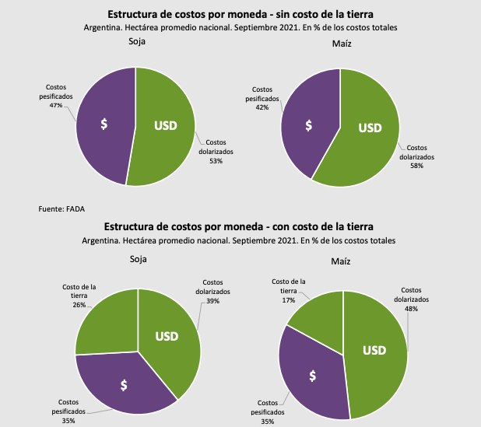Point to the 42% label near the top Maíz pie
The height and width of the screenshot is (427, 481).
click(262, 107)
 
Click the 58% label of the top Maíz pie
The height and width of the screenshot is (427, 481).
click(417, 165)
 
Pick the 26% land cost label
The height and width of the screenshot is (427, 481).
click(79, 304)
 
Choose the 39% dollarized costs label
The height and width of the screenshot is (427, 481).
click(212, 300)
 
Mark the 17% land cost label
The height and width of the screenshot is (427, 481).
click(288, 299)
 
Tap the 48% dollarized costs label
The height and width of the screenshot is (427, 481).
click(410, 308)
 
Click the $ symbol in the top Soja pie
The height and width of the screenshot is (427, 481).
click(104, 125)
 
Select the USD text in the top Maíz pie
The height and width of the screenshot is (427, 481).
click(370, 128)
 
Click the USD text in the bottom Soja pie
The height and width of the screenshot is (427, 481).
click(167, 336)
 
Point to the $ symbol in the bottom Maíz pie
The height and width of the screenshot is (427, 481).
click(313, 376)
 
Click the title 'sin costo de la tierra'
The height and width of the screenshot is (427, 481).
click(240, 15)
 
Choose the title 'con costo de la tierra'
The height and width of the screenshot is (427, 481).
click(240, 226)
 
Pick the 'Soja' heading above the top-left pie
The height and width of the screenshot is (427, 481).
click(137, 43)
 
